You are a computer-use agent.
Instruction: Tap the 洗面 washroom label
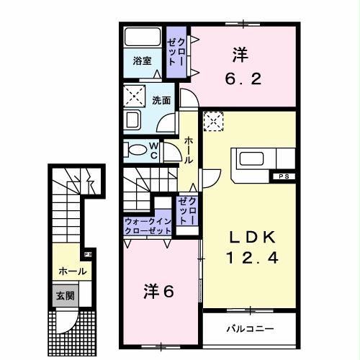(161, 101)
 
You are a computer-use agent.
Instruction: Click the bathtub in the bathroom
(143, 37)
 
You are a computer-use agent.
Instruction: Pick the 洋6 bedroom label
(158, 292)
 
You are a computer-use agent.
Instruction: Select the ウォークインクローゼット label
(148, 226)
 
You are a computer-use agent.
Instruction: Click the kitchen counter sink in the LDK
(253, 158)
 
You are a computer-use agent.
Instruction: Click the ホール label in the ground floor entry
(73, 271)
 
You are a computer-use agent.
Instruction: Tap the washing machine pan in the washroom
(135, 93)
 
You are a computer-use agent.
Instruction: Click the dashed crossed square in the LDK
(214, 122)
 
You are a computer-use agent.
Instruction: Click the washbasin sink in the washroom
(135, 119)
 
